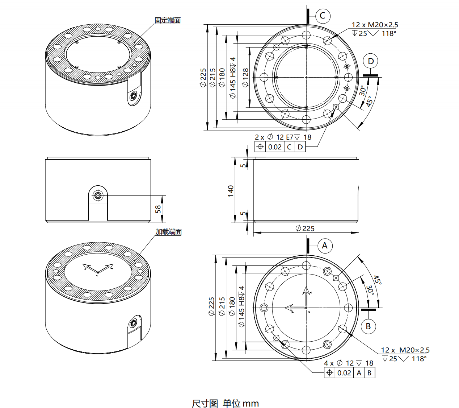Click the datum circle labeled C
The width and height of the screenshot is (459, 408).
pos(323,16)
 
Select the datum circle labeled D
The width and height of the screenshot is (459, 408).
pos(371,61)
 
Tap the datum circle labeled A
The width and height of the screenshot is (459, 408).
pos(325,246)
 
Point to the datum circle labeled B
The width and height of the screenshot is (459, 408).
pos(368,326)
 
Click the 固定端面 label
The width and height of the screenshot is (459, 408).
pos(167,21)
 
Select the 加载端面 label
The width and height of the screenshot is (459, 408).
pos(168,232)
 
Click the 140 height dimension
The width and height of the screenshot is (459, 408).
pos(231,191)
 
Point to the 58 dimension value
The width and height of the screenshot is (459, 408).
pos(158,209)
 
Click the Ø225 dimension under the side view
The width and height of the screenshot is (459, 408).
pos(305,228)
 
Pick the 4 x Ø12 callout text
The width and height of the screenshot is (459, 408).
pos(348,363)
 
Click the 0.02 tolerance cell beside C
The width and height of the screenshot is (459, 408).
pos(275,147)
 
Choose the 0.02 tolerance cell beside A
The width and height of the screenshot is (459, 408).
pos(344,373)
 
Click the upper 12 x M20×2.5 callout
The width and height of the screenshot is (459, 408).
pos(375,25)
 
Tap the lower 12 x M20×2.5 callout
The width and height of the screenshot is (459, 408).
pos(405,350)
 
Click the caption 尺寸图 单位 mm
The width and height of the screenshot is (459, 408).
pos(225,403)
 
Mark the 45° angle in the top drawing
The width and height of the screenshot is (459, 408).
pos(370,101)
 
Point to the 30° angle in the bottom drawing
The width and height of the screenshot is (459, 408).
pos(370,289)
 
